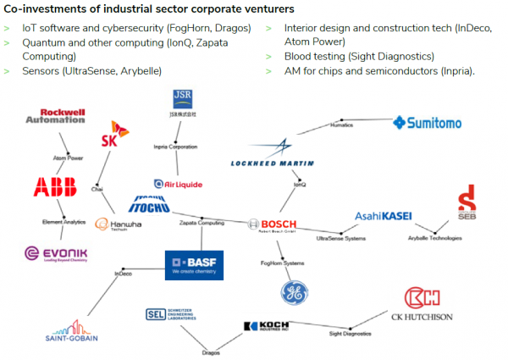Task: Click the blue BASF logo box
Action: tap(192, 263)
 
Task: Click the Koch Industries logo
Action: tap(273, 325)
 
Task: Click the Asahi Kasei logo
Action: tap(384, 216)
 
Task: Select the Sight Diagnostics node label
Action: tap(350, 334)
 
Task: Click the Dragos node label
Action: tap(211, 352)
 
